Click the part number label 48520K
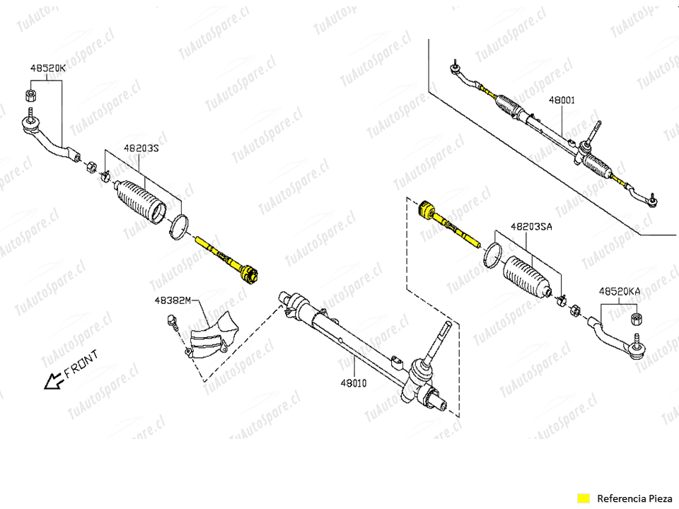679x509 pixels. tap(47, 68)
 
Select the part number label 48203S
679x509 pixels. tap(141, 148)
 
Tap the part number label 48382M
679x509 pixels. tap(173, 300)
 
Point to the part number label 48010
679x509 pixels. tap(354, 382)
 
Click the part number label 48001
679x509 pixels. tap(562, 100)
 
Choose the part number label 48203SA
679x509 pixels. tap(531, 226)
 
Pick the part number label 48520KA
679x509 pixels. tap(620, 291)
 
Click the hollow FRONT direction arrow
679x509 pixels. tap(54, 381)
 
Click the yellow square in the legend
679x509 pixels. tap(584, 498)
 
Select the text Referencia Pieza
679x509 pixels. tap(634, 498)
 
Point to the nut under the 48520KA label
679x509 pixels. tap(637, 319)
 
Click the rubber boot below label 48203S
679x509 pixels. tap(141, 201)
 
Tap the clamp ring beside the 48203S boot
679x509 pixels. tap(179, 227)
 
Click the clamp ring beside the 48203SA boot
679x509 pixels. tap(493, 255)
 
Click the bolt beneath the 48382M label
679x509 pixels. tap(173, 322)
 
